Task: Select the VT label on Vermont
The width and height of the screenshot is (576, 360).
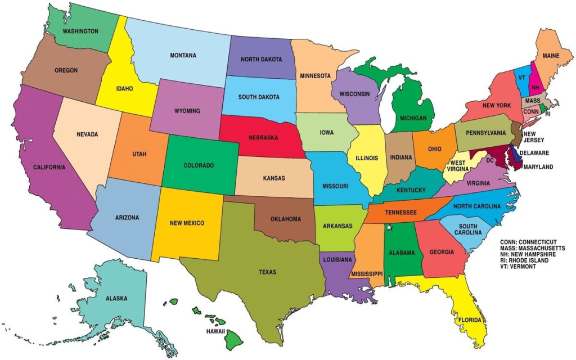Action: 522,78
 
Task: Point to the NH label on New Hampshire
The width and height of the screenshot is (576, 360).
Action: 535,88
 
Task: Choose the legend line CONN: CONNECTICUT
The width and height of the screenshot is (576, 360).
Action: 532,242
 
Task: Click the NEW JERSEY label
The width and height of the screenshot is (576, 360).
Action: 533,138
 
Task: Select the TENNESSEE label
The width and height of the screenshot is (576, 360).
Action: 400,213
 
